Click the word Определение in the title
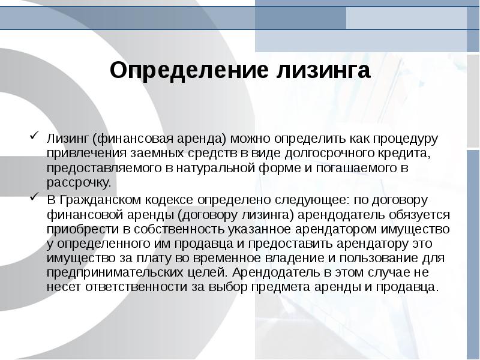click(189, 71)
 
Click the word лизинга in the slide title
click(323, 71)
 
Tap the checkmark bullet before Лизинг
click(34, 135)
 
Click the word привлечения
click(86, 153)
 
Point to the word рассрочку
click(79, 183)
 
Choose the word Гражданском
click(101, 200)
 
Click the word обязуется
click(419, 215)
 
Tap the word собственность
click(179, 229)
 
